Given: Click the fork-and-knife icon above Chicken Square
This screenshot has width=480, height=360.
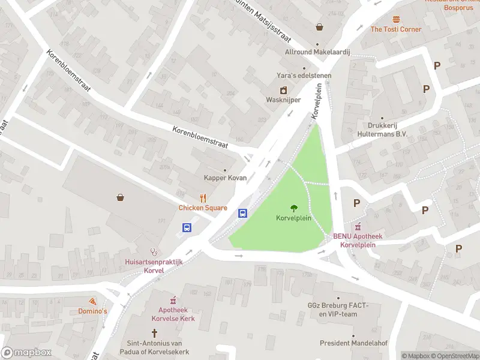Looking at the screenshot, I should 203,198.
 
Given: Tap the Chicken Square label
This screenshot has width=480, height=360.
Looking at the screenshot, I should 203,208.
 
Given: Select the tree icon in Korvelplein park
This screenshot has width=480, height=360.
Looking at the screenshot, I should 293,208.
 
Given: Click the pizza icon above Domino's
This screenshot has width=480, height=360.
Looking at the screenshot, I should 92,301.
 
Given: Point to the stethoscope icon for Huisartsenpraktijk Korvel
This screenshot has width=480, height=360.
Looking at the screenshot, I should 154,252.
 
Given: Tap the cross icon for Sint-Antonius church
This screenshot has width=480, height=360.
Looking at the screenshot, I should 154,332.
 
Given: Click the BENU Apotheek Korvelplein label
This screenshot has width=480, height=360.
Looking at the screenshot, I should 358,240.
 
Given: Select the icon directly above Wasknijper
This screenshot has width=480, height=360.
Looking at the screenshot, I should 284,90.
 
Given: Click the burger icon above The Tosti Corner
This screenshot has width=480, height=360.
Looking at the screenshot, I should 396,19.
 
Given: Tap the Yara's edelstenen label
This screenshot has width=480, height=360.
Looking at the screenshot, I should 303,75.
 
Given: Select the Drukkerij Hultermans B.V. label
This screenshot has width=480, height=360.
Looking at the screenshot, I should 382,130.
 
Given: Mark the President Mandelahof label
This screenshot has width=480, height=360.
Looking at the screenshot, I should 353,343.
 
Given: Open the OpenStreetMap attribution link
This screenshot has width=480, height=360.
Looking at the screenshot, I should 455,356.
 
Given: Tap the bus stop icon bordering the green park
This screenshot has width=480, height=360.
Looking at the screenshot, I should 243,213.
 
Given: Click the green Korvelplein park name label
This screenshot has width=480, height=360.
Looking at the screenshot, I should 293,218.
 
